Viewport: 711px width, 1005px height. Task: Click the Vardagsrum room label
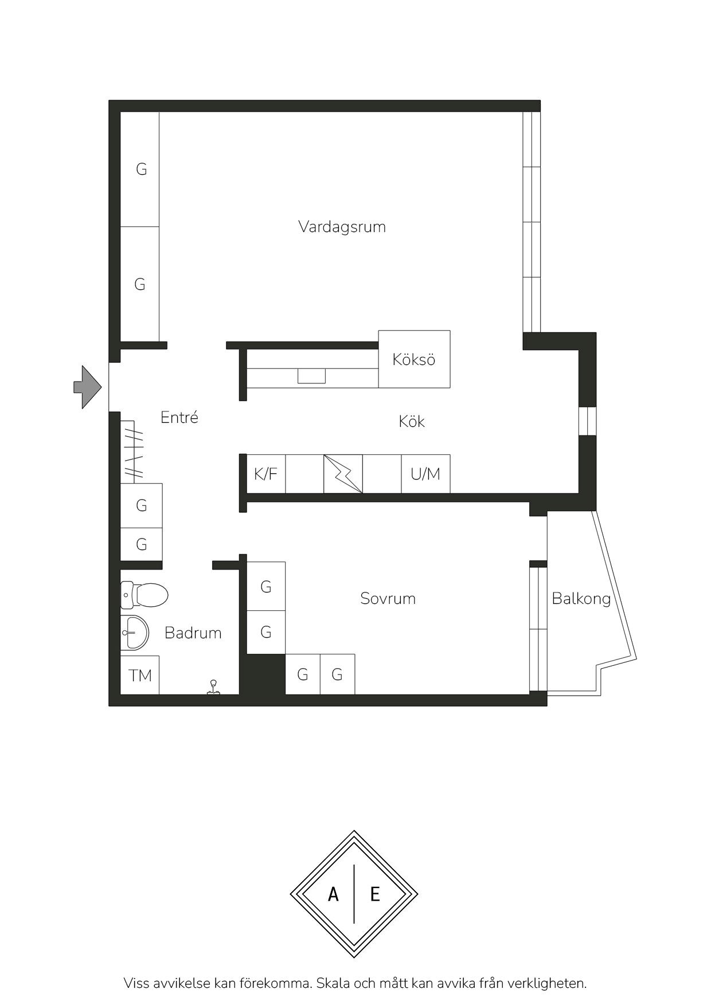point(342,227)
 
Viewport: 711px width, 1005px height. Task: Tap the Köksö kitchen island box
point(414,359)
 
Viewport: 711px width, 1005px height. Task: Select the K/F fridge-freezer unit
point(266,474)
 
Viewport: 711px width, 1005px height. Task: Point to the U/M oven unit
point(425,474)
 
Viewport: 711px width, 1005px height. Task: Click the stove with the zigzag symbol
point(343,474)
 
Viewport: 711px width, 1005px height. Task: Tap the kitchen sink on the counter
point(311,376)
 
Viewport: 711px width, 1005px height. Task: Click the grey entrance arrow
point(88,387)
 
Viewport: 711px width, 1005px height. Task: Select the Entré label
point(179,417)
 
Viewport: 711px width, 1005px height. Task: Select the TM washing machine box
point(140,675)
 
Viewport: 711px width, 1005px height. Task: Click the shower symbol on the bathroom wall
point(214,688)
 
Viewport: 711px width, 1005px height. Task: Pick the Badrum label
point(193,633)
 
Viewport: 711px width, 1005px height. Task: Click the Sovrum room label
point(388,599)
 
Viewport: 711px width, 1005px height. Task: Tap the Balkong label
point(581,599)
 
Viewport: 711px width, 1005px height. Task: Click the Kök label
point(412,422)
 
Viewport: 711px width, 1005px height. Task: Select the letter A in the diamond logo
point(333,894)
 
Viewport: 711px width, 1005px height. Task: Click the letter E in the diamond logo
point(375,894)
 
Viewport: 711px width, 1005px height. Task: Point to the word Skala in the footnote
point(333,984)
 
